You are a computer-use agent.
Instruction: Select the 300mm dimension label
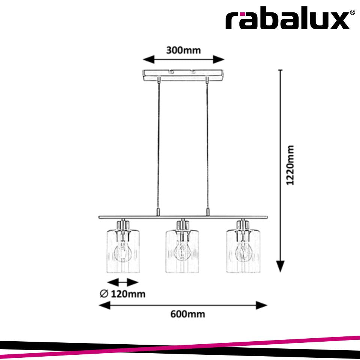pyautogui.click(x=184, y=50)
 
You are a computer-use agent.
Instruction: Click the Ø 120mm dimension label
pyautogui.click(x=122, y=294)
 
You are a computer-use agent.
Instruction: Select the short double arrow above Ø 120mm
pyautogui.click(x=123, y=282)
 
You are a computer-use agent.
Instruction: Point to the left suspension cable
pyautogui.click(x=158, y=146)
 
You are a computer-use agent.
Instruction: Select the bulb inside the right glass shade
pyautogui.click(x=243, y=253)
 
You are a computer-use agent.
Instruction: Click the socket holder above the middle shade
pyautogui.click(x=182, y=225)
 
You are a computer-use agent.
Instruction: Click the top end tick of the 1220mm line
pyautogui.click(x=280, y=70)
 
